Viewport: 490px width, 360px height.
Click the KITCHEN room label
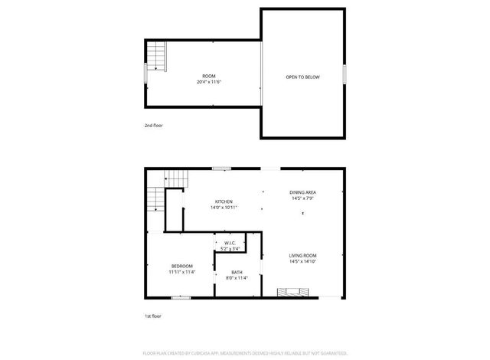(x=223, y=201)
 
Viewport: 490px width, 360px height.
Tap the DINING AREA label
(x=303, y=192)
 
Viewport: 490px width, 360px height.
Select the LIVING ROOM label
(x=303, y=255)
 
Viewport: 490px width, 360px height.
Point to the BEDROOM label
(x=182, y=266)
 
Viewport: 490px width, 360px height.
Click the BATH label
(x=237, y=272)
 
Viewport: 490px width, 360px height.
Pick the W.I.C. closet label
(x=230, y=243)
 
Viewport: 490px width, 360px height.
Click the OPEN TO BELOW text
(x=302, y=77)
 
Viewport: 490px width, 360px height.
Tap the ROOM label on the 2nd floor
(x=208, y=76)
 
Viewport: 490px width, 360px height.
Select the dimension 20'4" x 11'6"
(x=208, y=82)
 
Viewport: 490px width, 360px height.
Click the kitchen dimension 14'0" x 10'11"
(x=224, y=208)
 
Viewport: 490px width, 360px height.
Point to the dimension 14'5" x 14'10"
(x=303, y=261)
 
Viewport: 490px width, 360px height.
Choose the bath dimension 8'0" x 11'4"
(x=237, y=278)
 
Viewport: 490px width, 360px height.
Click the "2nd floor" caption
(x=153, y=125)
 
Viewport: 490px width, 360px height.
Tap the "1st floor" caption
(x=153, y=316)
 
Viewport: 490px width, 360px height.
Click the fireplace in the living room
(x=295, y=292)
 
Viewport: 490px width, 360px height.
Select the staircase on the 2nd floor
(x=157, y=56)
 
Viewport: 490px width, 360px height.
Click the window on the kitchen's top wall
(x=222, y=169)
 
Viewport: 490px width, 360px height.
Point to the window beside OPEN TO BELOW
(x=345, y=74)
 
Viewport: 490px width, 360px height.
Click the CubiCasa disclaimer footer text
(x=245, y=353)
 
